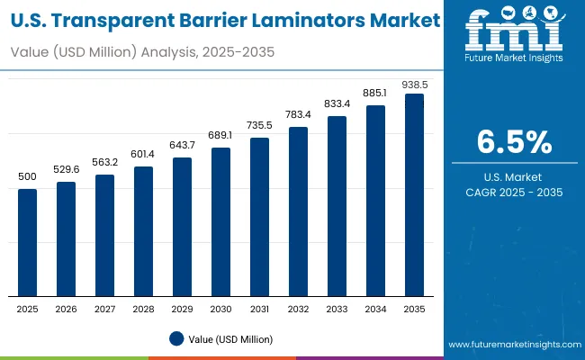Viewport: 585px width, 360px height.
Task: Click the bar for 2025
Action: tap(28, 242)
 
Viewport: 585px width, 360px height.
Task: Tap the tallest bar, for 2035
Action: tap(414, 194)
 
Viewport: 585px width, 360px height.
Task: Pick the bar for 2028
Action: tap(144, 231)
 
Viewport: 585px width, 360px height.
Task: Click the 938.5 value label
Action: tap(414, 83)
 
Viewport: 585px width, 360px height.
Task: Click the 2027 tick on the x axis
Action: tap(105, 308)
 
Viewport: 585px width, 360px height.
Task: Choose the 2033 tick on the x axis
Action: tap(337, 308)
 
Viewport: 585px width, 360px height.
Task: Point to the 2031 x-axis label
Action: tap(259, 308)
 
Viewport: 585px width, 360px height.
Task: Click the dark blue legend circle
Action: tap(176, 339)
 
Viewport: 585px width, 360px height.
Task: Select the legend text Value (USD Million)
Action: tap(230, 339)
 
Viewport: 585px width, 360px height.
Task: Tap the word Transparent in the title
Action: tap(112, 19)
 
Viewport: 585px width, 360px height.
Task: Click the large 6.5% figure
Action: tap(514, 143)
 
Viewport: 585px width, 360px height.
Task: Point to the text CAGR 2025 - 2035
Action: tap(514, 192)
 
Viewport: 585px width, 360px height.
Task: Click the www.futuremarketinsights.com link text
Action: tap(511, 345)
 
